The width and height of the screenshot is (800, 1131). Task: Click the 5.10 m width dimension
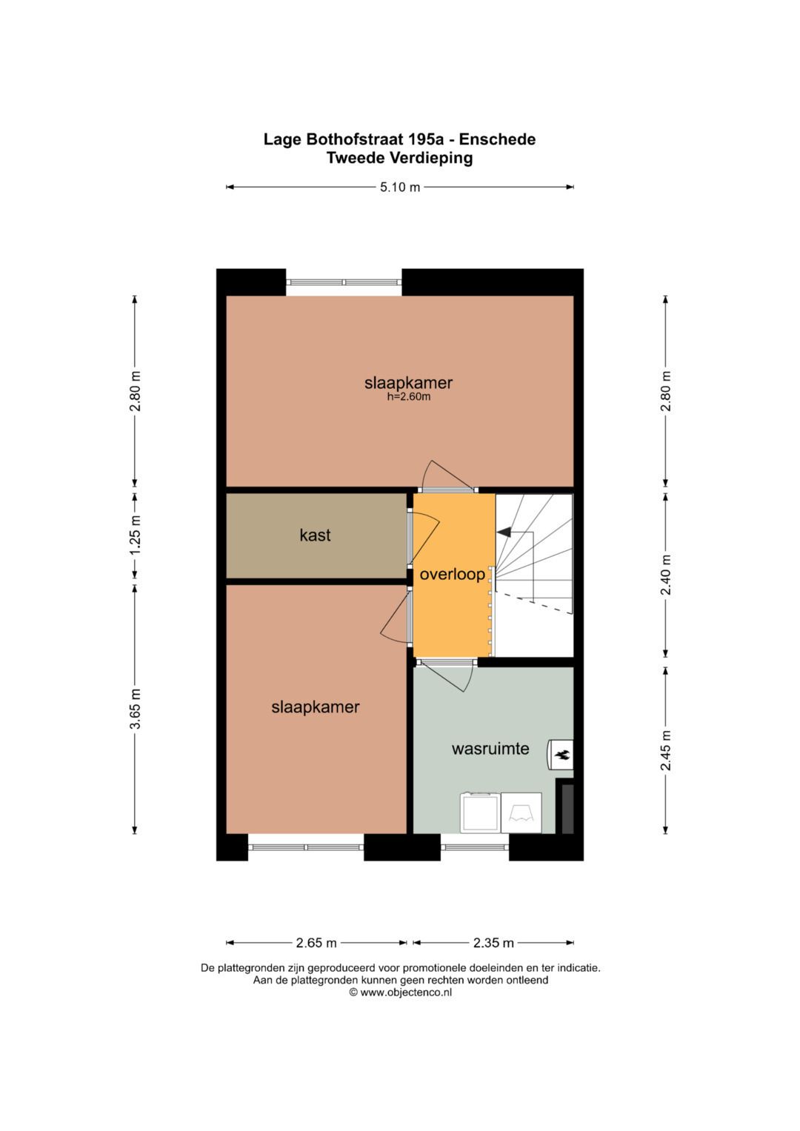pyautogui.click(x=400, y=187)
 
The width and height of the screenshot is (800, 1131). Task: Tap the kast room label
pyautogui.click(x=315, y=535)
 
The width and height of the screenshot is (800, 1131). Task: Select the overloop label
pyautogui.click(x=452, y=574)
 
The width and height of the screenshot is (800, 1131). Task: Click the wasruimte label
pyautogui.click(x=490, y=748)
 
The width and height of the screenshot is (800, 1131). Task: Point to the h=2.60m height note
pyautogui.click(x=408, y=397)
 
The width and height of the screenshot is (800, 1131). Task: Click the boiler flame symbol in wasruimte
pyautogui.click(x=561, y=755)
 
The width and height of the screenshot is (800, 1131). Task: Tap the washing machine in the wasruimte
pyautogui.click(x=481, y=813)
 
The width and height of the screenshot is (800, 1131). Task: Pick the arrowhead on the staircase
pyautogui.click(x=504, y=531)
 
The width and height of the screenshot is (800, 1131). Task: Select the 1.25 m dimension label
pyautogui.click(x=135, y=535)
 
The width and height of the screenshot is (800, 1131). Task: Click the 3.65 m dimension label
pyautogui.click(x=135, y=709)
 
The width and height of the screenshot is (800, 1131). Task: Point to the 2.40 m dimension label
pyautogui.click(x=666, y=575)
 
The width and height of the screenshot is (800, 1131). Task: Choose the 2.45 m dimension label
pyautogui.click(x=666, y=750)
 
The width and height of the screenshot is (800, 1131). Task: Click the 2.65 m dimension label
pyautogui.click(x=316, y=943)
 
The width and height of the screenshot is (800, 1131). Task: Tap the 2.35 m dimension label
pyautogui.click(x=493, y=943)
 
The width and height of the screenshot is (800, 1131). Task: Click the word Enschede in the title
pyautogui.click(x=497, y=139)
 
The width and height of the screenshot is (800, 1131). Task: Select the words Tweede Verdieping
pyautogui.click(x=399, y=158)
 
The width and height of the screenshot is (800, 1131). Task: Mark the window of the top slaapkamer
pyautogui.click(x=344, y=282)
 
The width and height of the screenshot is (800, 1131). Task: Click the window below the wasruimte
pyautogui.click(x=475, y=847)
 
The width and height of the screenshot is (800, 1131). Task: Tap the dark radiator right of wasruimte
pyautogui.click(x=567, y=808)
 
